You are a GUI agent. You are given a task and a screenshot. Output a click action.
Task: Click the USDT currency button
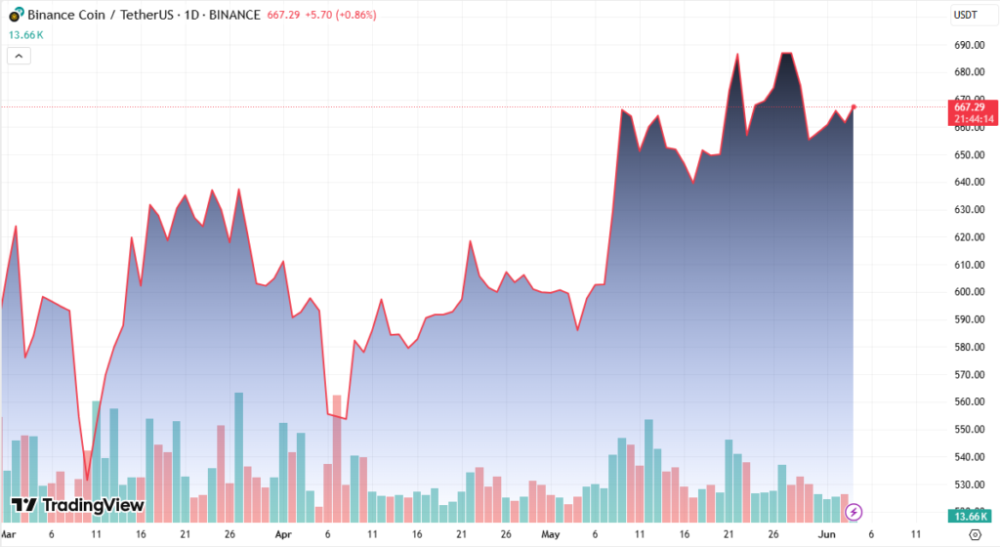tap(966, 15)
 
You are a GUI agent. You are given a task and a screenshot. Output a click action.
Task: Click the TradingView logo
tap(78, 505)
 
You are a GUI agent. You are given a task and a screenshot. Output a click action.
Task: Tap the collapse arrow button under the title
tap(20, 56)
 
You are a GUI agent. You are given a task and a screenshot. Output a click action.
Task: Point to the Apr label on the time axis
tap(283, 535)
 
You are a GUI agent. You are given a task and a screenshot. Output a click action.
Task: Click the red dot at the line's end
tap(854, 106)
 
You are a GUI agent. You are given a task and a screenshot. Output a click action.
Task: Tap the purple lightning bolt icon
tap(854, 511)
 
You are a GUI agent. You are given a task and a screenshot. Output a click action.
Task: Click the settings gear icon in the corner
tap(974, 534)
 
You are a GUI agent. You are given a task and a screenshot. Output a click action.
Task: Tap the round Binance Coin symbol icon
tap(16, 15)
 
